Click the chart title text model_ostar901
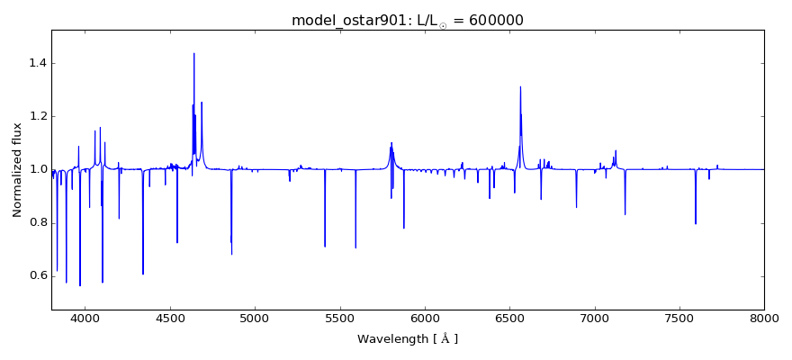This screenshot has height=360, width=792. pyautogui.click(x=346, y=20)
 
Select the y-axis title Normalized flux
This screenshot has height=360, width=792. pyautogui.click(x=18, y=170)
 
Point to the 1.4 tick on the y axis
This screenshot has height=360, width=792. pyautogui.click(x=36, y=63)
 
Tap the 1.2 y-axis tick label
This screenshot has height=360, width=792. pyautogui.click(x=36, y=116)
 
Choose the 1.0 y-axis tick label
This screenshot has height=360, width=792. pyautogui.click(x=36, y=169)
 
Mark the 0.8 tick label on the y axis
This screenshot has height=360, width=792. pyautogui.click(x=36, y=222)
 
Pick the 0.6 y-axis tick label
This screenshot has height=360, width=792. pyautogui.click(x=36, y=275)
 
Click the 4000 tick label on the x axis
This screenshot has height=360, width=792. pyautogui.click(x=85, y=318)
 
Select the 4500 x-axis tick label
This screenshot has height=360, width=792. pyautogui.click(x=170, y=318)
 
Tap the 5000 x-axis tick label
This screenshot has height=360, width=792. pyautogui.click(x=255, y=318)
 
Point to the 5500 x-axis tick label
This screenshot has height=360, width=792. pyautogui.click(x=340, y=318)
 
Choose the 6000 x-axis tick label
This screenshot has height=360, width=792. pyautogui.click(x=425, y=318)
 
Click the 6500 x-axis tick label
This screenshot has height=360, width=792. pyautogui.click(x=509, y=318)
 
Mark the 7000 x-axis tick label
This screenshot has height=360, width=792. pyautogui.click(x=595, y=318)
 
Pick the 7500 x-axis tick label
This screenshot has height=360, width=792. pyautogui.click(x=679, y=318)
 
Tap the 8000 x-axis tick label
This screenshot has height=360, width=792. pyautogui.click(x=764, y=318)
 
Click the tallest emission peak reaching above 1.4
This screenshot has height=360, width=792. pyautogui.click(x=194, y=54)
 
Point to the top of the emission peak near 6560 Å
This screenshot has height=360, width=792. pyautogui.click(x=520, y=87)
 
